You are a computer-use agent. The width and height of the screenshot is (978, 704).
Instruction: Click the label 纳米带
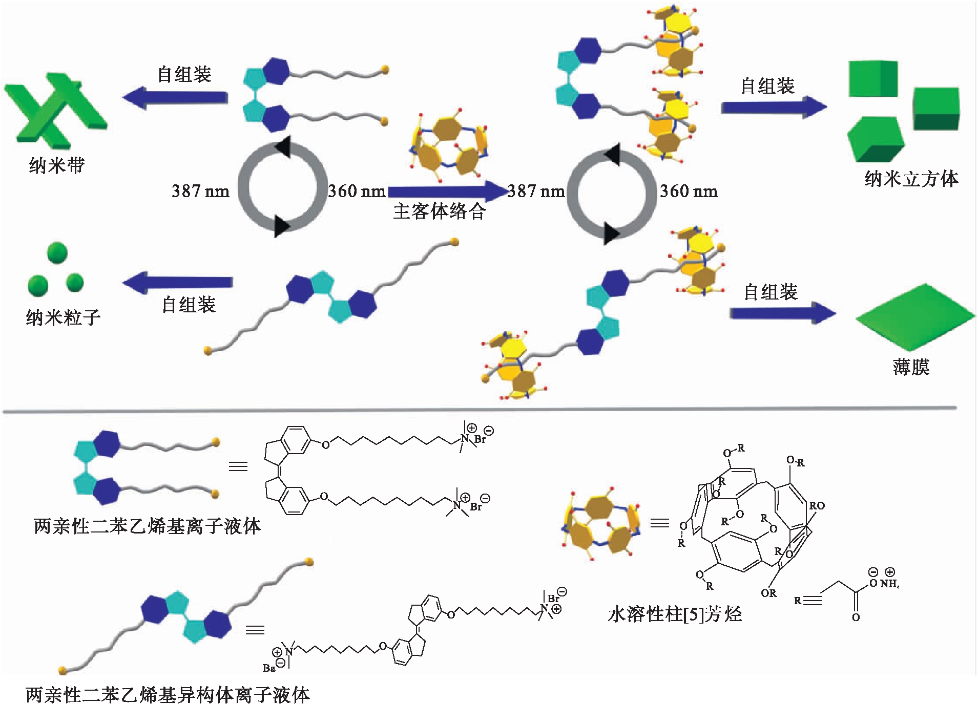coord(57,165)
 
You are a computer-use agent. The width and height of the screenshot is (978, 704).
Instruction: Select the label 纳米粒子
coord(63,317)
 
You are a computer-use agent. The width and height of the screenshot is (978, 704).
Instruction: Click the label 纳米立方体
coord(911,179)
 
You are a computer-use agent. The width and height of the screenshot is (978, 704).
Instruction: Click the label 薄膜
coord(911,367)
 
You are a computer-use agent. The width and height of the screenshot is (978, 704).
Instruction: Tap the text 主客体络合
coord(440,211)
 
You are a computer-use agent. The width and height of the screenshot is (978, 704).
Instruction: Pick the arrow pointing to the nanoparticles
coord(178,282)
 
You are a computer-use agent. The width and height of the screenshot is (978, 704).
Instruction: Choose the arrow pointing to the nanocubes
coord(774,107)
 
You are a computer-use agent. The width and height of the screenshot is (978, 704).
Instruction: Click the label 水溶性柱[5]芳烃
coord(674,614)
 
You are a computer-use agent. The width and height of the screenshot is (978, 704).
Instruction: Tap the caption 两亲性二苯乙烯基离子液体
coord(147,526)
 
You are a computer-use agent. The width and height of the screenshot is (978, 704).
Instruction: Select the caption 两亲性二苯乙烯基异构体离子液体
coord(168,694)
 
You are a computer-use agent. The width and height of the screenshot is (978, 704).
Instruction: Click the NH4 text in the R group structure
coord(890,584)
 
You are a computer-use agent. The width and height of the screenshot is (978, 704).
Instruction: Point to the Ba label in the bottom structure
coord(269,668)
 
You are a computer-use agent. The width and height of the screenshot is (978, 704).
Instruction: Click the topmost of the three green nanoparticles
coord(57,253)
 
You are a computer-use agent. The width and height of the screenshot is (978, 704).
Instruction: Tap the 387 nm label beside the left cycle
coord(200,191)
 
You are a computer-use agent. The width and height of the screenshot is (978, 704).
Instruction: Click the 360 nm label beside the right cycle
coord(688,191)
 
